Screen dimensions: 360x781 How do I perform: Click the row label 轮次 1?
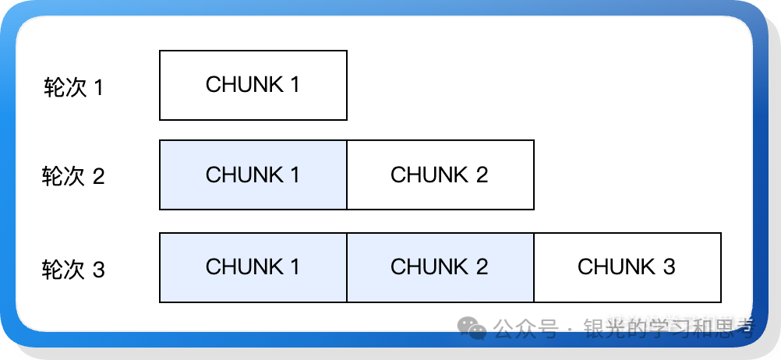[x=73, y=87]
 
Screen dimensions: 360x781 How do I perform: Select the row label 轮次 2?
[x=73, y=177]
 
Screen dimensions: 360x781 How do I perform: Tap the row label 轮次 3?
[x=73, y=270]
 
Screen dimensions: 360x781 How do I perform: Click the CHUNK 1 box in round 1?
[x=253, y=85]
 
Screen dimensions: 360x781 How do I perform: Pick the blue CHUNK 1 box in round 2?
[x=253, y=175]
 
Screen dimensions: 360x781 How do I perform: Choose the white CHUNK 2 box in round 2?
[x=440, y=175]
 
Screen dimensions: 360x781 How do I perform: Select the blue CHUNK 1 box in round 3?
[x=253, y=267]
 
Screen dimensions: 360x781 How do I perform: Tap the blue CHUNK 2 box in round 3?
[x=440, y=267]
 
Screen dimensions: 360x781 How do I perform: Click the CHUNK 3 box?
[x=627, y=267]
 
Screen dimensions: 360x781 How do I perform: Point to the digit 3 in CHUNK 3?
[x=669, y=267]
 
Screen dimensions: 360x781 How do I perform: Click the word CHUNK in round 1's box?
[x=243, y=85]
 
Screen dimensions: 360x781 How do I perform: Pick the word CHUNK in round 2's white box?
[x=429, y=175]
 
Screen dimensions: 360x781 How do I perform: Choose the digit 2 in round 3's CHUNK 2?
[x=482, y=267]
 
